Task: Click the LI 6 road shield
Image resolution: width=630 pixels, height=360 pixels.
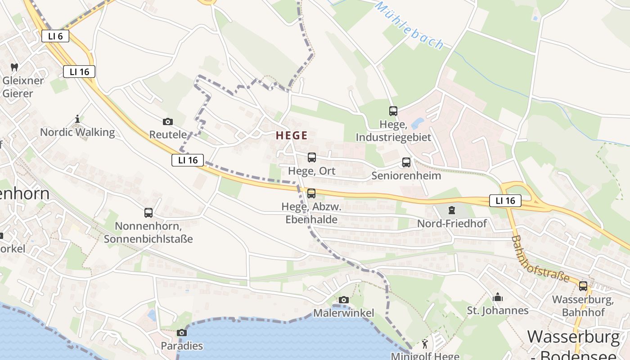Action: coord(55,36)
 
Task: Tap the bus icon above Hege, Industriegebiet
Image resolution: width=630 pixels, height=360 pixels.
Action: coord(393,111)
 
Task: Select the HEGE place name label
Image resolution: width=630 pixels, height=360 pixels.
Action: coord(292,135)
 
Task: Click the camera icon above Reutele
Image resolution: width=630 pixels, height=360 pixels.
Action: coord(168,121)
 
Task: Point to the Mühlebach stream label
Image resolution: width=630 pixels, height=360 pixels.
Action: coord(409,26)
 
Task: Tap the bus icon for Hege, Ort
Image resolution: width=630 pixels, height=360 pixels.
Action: coord(311,157)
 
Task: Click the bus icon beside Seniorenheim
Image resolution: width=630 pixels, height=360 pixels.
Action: coord(406,162)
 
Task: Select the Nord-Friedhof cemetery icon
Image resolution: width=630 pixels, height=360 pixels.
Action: coord(451,210)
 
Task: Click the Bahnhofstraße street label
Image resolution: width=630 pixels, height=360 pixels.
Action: coord(540,259)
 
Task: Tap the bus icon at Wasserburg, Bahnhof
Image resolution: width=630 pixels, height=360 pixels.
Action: coord(583,286)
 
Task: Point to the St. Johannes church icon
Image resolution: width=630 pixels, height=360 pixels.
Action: coord(498,297)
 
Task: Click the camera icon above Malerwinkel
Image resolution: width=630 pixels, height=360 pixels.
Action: coord(343,300)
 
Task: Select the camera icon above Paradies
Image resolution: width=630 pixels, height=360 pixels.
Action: coord(182,333)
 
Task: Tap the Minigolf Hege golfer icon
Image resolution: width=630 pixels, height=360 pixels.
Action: coord(425,344)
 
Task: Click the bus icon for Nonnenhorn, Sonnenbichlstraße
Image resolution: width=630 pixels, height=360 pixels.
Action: coord(148,213)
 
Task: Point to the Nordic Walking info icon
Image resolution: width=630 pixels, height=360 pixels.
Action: coord(77,119)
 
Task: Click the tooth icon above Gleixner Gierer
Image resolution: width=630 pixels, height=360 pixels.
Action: coord(14,67)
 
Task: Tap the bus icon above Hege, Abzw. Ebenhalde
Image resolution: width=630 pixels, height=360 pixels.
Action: coord(311,193)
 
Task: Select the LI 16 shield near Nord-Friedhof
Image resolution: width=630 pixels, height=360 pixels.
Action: coord(505,201)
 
